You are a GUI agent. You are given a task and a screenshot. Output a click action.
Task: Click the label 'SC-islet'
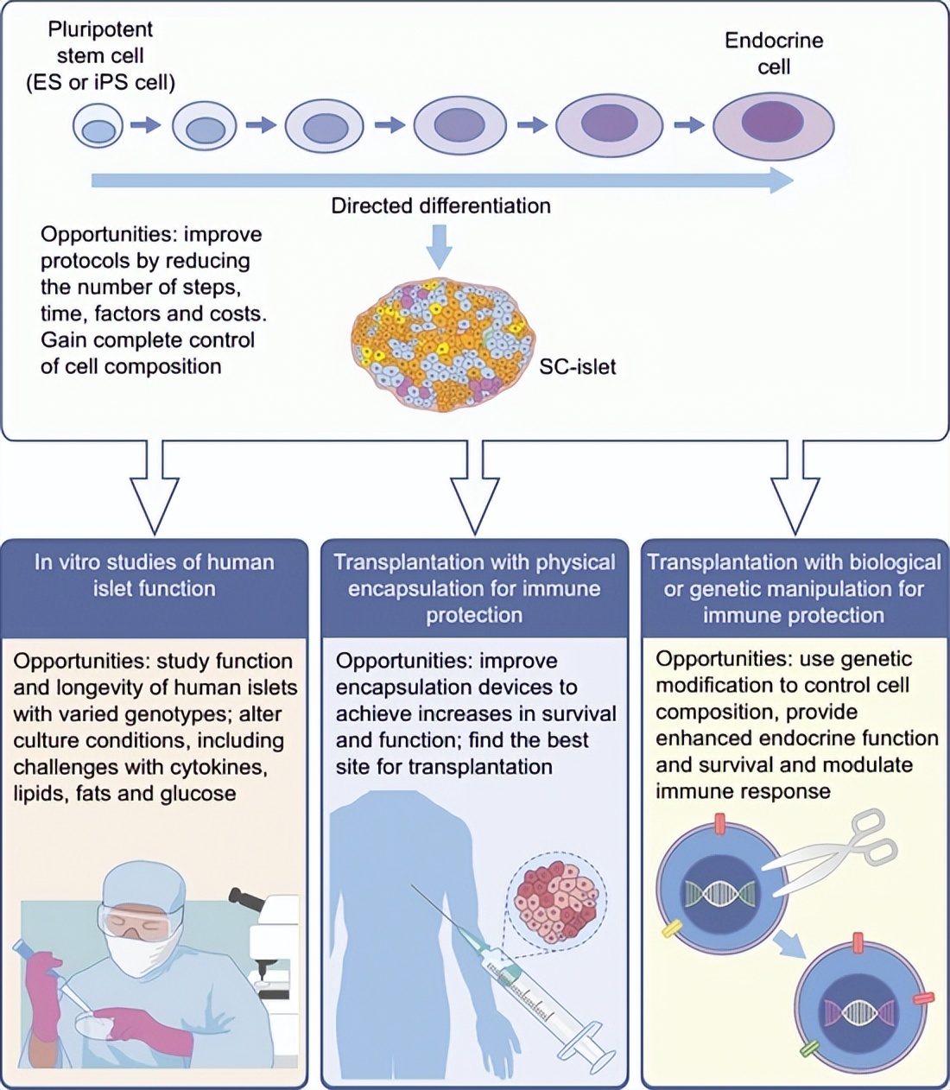[x=577, y=367]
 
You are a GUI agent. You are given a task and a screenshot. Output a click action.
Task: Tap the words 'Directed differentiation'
[x=440, y=206]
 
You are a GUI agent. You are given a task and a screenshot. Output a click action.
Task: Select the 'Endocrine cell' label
[x=773, y=54]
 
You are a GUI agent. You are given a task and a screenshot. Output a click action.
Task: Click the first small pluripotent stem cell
[x=98, y=126]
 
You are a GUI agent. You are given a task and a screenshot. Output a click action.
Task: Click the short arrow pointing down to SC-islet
[x=440, y=246]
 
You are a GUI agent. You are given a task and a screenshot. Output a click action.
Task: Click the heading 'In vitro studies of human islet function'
[x=154, y=575]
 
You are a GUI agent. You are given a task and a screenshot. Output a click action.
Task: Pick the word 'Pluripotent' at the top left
[x=100, y=29]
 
